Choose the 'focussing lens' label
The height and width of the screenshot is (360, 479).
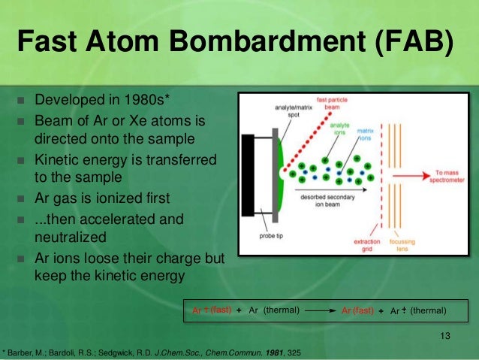(x=410, y=244)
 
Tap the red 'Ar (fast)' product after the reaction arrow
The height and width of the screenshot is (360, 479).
(x=358, y=310)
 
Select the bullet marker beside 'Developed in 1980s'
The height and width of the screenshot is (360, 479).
(x=20, y=101)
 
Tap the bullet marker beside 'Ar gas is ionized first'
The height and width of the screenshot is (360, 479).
(x=20, y=199)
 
